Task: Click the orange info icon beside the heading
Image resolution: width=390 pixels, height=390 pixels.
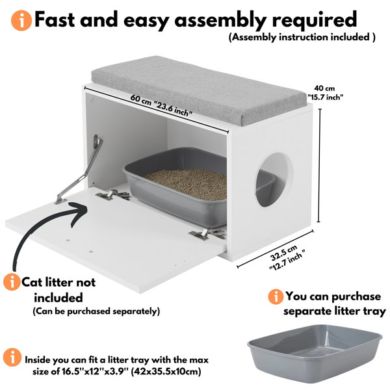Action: point(21,20)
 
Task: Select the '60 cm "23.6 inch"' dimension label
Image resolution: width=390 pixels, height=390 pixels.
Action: point(162,105)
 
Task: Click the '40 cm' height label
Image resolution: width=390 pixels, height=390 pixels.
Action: point(324,88)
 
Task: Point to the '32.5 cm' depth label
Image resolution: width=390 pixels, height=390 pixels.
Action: point(284,253)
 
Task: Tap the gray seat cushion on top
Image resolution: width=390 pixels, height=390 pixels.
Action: point(199,90)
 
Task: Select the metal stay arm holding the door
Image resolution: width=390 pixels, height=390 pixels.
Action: point(79,169)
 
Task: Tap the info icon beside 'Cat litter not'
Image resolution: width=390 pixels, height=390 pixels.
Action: point(12,282)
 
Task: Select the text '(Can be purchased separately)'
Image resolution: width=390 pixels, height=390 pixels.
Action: point(96,311)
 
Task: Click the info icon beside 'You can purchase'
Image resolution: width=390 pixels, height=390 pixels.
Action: point(276,296)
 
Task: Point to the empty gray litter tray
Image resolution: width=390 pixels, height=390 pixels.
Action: point(315,354)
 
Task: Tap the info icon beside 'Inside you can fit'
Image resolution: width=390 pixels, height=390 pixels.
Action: point(12,357)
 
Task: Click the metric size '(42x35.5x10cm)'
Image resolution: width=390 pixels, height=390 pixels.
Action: point(166,372)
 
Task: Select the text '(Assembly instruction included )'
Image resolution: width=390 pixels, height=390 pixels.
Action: point(302,37)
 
